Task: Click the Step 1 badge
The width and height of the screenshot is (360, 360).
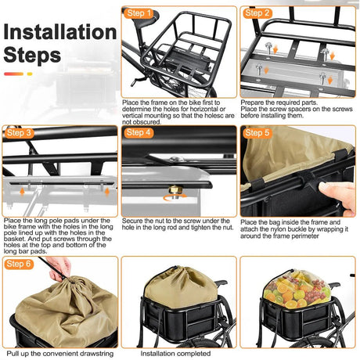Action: pyautogui.click(x=141, y=13)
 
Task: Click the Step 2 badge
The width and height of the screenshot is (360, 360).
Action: pyautogui.click(x=259, y=13)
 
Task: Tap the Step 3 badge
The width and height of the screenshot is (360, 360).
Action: pyautogui.click(x=20, y=133)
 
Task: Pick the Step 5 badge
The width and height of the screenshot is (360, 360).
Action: pyautogui.click(x=259, y=133)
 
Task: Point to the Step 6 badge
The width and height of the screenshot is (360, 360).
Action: pyautogui.click(x=20, y=264)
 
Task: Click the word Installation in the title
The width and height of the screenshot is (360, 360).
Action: pyautogui.click(x=59, y=33)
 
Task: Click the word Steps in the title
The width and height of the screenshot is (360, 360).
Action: pyautogui.click(x=32, y=56)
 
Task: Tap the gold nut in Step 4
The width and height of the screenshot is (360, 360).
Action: pyautogui.click(x=175, y=190)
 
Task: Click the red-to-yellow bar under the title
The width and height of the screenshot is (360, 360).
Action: pyautogui.click(x=19, y=74)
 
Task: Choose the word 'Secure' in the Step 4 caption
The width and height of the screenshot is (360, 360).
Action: pyautogui.click(x=134, y=221)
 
